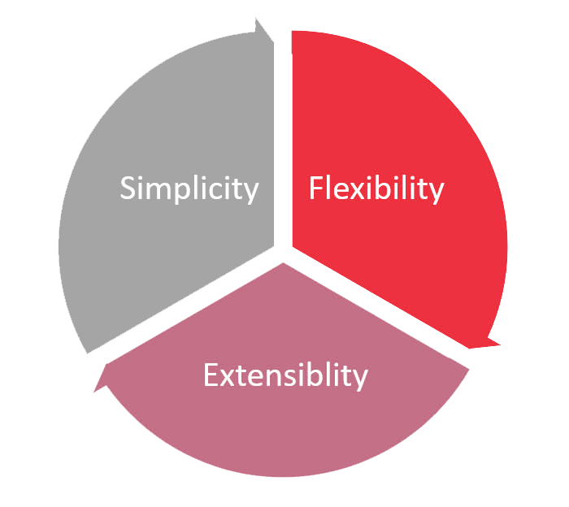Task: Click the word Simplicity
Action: tap(189, 188)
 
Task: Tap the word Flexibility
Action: tap(376, 188)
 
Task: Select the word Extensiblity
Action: tap(285, 376)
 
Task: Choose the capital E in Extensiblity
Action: tap(211, 376)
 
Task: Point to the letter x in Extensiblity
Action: tap(228, 378)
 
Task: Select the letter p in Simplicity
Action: tap(178, 193)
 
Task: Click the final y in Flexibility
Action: tap(437, 193)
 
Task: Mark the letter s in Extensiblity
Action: tap(295, 378)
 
